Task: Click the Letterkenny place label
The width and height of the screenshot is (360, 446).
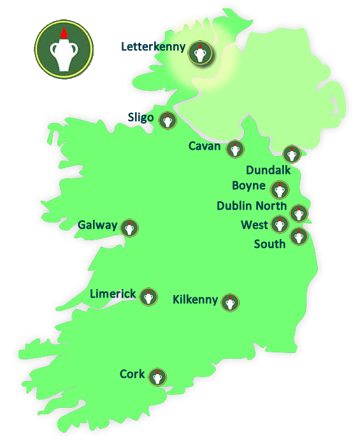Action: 153,47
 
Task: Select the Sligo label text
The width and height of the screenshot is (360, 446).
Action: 140,117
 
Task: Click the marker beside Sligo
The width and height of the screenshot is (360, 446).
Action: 168,121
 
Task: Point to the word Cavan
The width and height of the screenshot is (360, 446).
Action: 205,147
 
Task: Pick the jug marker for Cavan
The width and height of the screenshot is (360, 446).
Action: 235,150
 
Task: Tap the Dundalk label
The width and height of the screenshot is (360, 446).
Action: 268,170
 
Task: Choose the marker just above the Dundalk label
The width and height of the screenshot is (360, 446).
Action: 291,154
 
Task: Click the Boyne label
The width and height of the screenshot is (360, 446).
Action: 248,186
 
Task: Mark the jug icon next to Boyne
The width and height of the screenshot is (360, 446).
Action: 278,190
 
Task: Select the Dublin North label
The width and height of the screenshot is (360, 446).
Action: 252,206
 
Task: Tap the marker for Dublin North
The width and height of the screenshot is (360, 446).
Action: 298,213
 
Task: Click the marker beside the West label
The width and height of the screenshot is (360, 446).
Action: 279,224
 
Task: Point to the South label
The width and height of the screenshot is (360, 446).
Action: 270,244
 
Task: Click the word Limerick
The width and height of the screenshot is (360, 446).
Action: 113,294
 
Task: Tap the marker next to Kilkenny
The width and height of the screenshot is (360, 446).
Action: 230,303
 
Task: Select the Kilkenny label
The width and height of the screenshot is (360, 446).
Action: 196,299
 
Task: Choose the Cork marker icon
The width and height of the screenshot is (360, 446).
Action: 157,377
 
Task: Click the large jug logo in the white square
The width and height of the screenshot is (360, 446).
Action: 64,49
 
